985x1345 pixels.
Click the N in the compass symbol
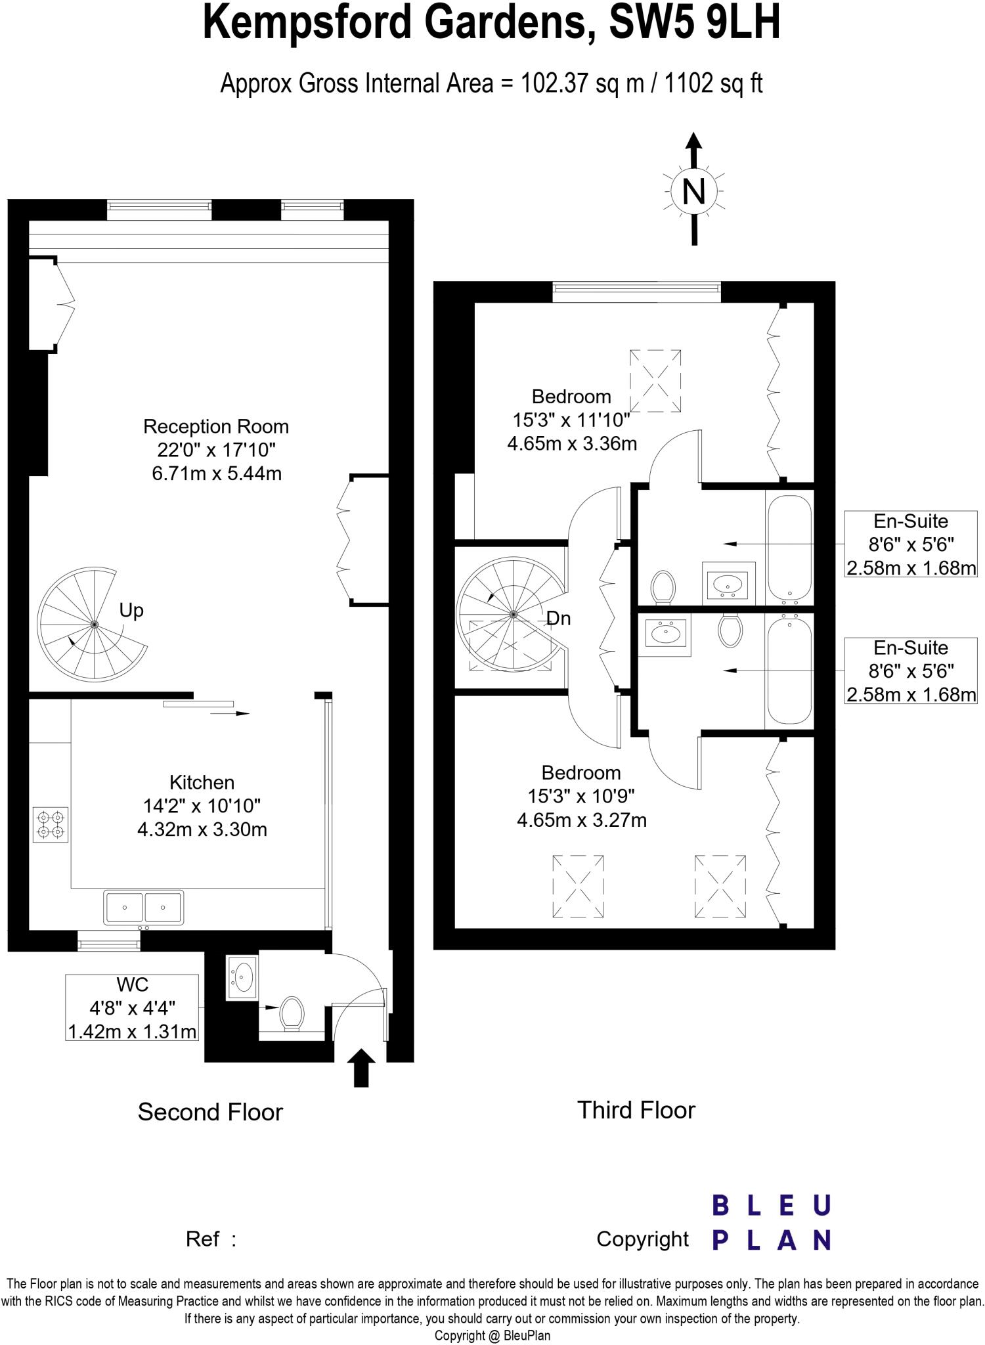point(694,192)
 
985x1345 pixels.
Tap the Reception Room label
point(216,427)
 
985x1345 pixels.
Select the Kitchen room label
point(202,782)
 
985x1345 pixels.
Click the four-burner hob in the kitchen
point(51,826)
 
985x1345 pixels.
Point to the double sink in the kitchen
point(143,908)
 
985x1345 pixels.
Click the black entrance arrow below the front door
point(361,1069)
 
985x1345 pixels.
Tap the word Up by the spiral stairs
point(131,611)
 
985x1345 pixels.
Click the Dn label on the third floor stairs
point(558,618)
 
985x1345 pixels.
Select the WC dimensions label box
point(132,1008)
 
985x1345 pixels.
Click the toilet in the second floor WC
point(292,1013)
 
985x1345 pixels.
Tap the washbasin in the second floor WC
point(242,978)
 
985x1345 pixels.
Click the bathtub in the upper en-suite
point(789,546)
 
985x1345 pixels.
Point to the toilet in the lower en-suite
point(730,629)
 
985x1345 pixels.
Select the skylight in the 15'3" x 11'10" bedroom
point(655,381)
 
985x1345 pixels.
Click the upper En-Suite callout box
point(911,544)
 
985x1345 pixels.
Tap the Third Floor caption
point(636,1110)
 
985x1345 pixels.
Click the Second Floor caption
point(210,1112)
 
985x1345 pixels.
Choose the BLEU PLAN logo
point(772,1223)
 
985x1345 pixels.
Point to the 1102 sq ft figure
point(713,84)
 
